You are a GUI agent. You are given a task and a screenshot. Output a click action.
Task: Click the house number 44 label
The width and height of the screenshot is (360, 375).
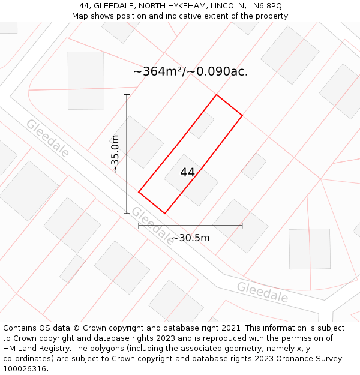(187, 172)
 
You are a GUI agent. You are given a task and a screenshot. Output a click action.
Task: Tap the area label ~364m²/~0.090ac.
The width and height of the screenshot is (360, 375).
(190, 71)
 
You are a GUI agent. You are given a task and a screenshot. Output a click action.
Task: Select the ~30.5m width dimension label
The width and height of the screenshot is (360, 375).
(190, 238)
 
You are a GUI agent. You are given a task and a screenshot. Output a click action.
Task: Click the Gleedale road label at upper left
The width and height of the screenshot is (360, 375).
(47, 138)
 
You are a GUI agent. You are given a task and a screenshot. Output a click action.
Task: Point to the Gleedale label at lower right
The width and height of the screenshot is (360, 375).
(262, 292)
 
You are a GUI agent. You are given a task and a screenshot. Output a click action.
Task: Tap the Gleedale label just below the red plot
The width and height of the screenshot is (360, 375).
(152, 225)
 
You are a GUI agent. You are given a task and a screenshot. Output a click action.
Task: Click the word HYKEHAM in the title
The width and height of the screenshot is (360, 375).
(182, 5)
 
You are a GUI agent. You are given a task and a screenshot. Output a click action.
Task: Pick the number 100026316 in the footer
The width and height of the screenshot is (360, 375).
(25, 369)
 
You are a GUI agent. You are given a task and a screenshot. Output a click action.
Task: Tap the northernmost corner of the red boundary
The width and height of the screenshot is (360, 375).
(216, 95)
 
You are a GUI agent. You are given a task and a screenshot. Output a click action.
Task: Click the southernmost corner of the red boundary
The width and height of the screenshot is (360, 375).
(164, 213)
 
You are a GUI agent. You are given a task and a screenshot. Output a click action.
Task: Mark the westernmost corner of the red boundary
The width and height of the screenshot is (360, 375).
(139, 192)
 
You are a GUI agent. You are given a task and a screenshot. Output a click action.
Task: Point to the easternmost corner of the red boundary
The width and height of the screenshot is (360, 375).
(242, 115)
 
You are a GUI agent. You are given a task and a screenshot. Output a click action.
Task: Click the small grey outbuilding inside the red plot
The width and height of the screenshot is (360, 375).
(202, 125)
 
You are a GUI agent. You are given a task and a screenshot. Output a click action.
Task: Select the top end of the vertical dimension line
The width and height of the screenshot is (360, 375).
(127, 95)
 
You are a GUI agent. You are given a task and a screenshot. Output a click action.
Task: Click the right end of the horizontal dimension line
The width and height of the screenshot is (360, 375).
(242, 226)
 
